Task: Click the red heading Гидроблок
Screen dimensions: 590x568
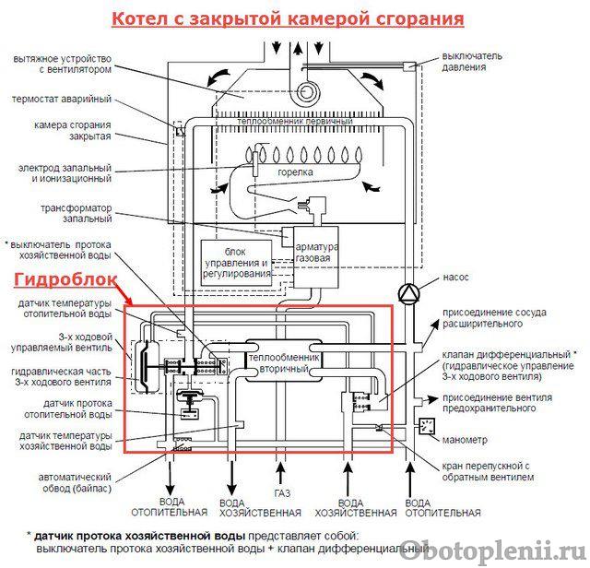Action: (65, 279)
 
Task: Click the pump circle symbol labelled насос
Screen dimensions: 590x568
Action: (408, 292)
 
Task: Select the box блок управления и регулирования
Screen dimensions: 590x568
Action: (236, 263)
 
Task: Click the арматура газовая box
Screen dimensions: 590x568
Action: (316, 257)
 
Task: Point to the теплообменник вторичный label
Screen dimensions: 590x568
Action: (284, 363)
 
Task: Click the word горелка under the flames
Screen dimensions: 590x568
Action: (295, 172)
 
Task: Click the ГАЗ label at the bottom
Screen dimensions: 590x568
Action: (282, 492)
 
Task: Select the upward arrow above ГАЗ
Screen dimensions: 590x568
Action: (280, 473)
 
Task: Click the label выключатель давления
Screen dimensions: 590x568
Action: (471, 62)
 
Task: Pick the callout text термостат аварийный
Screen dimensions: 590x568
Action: (62, 100)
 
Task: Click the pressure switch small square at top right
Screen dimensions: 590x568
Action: (407, 66)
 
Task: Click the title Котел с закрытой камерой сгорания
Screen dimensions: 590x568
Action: (288, 19)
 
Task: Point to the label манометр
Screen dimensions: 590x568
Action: (465, 440)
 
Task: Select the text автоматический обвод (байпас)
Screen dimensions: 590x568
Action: (75, 483)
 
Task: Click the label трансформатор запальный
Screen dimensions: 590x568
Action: (77, 213)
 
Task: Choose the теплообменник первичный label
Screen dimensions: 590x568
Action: (295, 121)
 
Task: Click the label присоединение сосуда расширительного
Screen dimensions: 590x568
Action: (494, 318)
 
